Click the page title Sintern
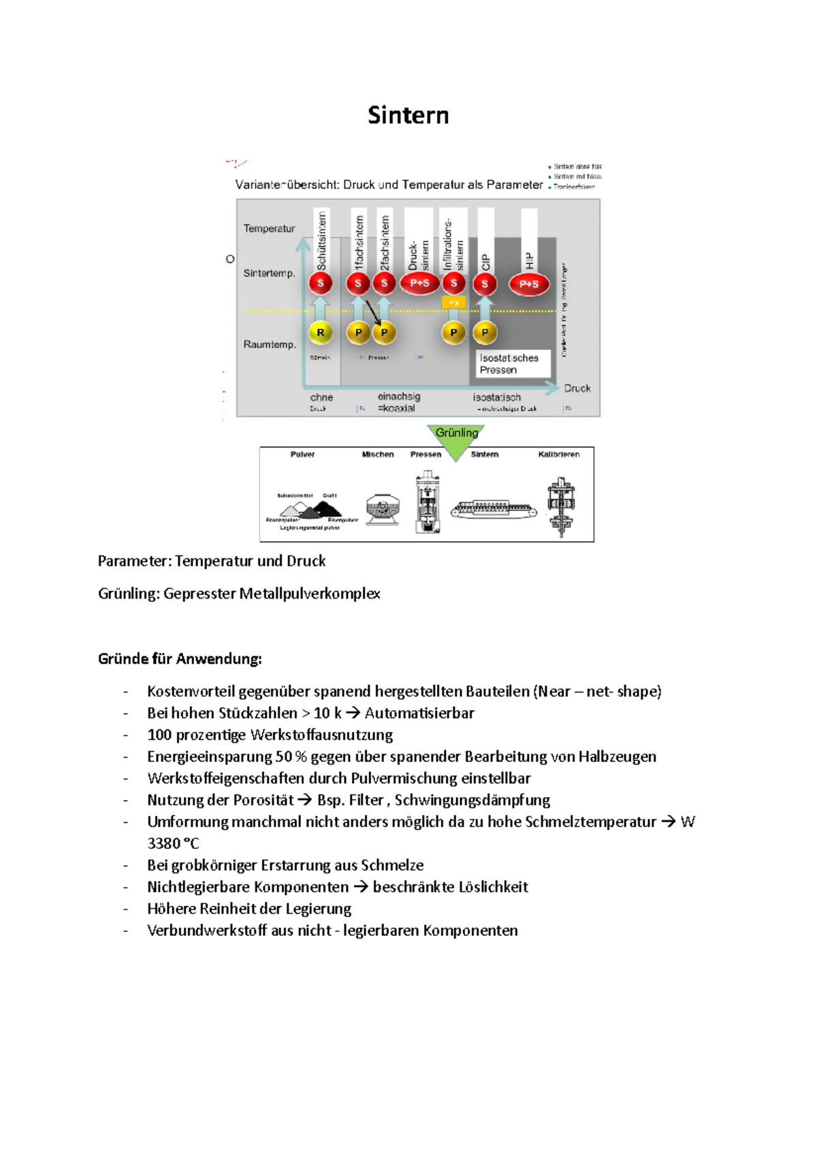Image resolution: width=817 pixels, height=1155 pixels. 408,115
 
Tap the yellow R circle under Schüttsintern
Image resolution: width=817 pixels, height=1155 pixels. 321,333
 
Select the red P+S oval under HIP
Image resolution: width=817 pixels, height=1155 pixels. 529,284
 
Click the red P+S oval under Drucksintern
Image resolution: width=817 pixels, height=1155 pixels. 419,283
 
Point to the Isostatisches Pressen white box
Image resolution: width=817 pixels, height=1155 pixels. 513,364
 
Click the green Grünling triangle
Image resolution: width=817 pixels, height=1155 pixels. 457,439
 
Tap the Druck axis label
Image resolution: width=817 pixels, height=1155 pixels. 577,388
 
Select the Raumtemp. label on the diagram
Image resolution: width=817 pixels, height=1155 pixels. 270,344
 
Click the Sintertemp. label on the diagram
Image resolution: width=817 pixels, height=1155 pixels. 269,273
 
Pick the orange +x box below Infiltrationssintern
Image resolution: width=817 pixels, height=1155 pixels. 454,303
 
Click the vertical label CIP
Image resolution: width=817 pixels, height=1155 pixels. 485,262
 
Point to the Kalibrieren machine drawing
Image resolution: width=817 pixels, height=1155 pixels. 561,507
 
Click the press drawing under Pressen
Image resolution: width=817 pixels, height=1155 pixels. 427,503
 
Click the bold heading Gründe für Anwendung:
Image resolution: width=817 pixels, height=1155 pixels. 180,658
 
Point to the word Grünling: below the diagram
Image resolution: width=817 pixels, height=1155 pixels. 129,593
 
